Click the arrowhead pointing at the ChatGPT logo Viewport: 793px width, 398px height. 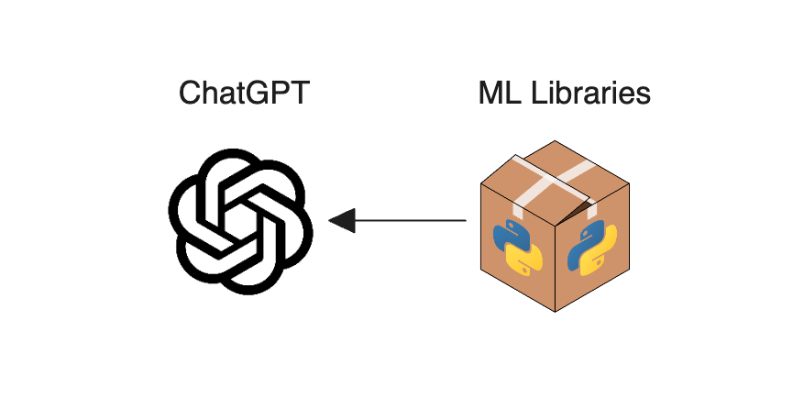[342, 220]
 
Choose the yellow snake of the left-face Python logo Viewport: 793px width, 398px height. [525, 259]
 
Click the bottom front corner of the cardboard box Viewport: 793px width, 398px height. [554, 310]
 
